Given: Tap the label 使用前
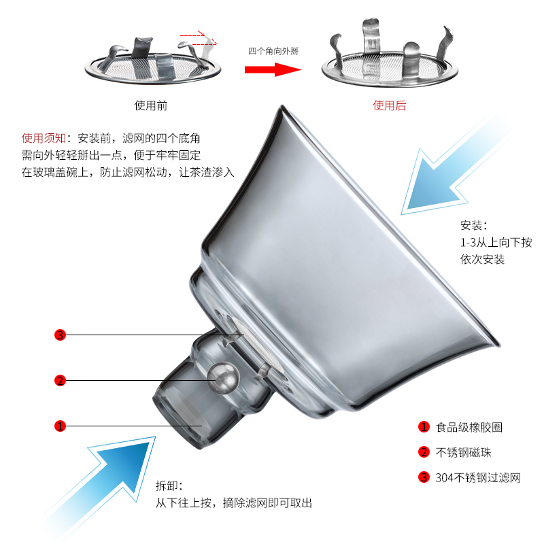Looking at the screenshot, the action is pyautogui.click(x=151, y=106).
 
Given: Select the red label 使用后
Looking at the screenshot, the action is pyautogui.click(x=389, y=106).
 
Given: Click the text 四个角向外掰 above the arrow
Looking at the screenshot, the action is pyautogui.click(x=273, y=51).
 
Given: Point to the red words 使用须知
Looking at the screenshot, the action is pyautogui.click(x=43, y=136).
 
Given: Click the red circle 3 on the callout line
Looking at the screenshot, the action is pyautogui.click(x=60, y=335).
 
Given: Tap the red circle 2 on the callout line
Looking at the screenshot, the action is pyautogui.click(x=60, y=380).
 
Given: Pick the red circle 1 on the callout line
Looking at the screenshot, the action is pyautogui.click(x=60, y=426).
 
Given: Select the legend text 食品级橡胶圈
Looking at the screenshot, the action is pyautogui.click(x=469, y=427).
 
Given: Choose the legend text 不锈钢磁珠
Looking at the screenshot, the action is pyautogui.click(x=464, y=452).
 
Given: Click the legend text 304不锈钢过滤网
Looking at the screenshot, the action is pyautogui.click(x=478, y=477).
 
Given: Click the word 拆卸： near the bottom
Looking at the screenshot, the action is pyautogui.click(x=169, y=486).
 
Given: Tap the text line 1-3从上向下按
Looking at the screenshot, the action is pyautogui.click(x=496, y=242).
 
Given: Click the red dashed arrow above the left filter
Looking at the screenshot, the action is pyautogui.click(x=199, y=35).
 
